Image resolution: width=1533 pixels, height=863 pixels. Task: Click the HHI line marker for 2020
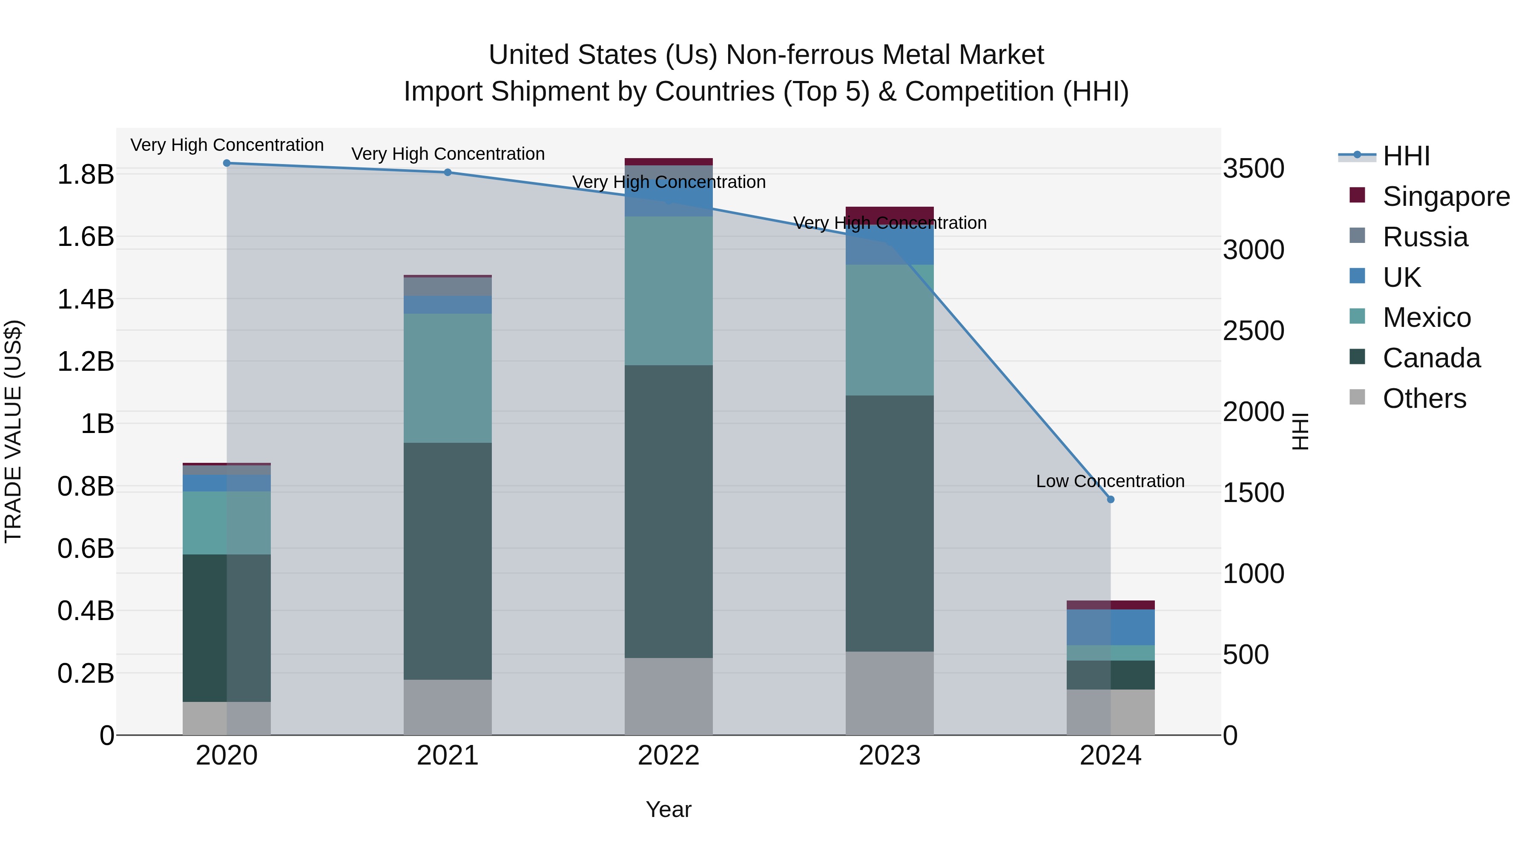point(227,163)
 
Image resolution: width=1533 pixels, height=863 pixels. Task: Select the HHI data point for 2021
point(448,173)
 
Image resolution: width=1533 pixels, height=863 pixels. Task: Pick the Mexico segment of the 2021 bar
point(448,378)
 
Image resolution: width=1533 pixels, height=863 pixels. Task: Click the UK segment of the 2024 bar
point(1111,627)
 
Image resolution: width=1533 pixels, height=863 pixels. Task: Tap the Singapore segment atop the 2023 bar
point(889,213)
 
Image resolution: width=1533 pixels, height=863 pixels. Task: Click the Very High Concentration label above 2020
point(227,145)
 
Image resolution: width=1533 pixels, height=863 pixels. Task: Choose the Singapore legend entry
point(1446,196)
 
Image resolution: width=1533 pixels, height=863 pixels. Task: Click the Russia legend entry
point(1425,237)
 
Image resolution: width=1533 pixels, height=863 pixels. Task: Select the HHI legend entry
point(1406,156)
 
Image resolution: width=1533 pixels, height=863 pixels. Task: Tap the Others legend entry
point(1424,398)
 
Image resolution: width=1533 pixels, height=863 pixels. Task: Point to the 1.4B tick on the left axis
point(85,299)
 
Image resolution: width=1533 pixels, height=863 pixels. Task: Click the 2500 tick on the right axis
point(1253,331)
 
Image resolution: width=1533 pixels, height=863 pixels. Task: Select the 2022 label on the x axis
point(668,756)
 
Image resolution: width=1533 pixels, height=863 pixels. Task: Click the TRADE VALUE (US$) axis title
point(13,432)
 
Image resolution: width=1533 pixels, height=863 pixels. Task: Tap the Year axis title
point(668,809)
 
